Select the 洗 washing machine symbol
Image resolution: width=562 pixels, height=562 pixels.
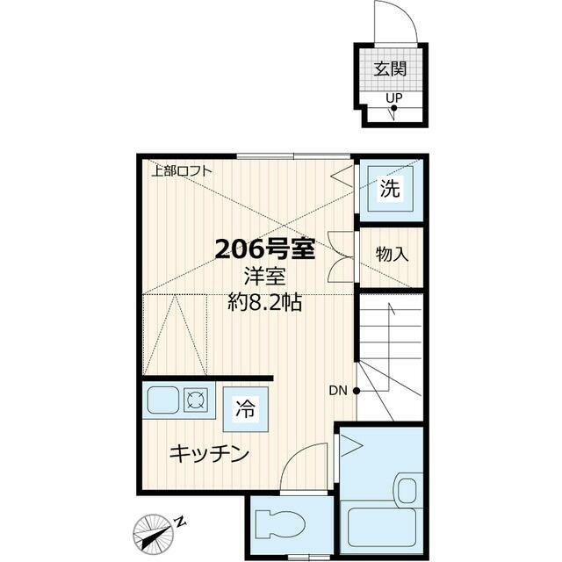coord(389,187)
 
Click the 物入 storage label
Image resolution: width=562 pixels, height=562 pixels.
coord(392,255)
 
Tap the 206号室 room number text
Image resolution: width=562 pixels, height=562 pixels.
coord(265,249)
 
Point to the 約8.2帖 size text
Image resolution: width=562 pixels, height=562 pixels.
coord(265,305)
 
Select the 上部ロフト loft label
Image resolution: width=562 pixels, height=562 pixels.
coord(181,170)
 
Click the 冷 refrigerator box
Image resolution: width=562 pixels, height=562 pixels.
coord(245,408)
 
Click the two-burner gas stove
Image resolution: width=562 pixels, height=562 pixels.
coord(196,400)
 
